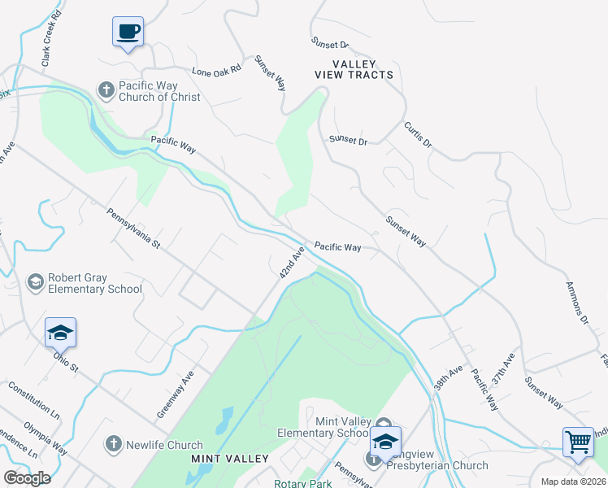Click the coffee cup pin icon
click(x=127, y=33)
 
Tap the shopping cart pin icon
click(x=578, y=442)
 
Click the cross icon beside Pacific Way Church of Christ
click(x=106, y=89)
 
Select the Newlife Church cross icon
click(x=113, y=444)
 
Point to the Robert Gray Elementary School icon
click(x=35, y=282)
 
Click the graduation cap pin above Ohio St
click(x=60, y=333)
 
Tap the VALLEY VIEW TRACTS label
click(x=354, y=69)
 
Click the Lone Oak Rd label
click(x=217, y=71)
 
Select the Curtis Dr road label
click(x=418, y=135)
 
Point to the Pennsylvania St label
click(x=135, y=229)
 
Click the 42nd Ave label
click(x=291, y=264)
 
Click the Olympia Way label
click(x=46, y=437)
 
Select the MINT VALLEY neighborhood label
click(x=229, y=459)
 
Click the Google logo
click(x=27, y=477)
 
